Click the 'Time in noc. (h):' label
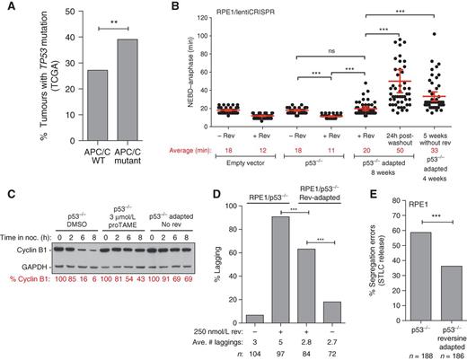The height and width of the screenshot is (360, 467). (x=26, y=225)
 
